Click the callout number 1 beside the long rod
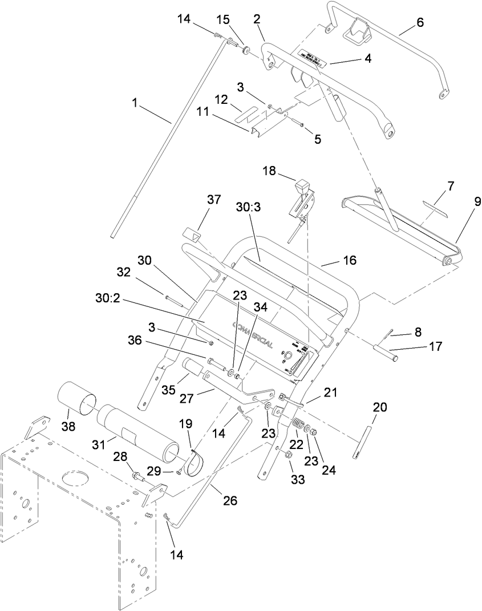pos(135,103)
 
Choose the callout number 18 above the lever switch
pos(270,171)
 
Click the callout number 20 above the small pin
pos(380,407)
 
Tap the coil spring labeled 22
pos(297,426)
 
